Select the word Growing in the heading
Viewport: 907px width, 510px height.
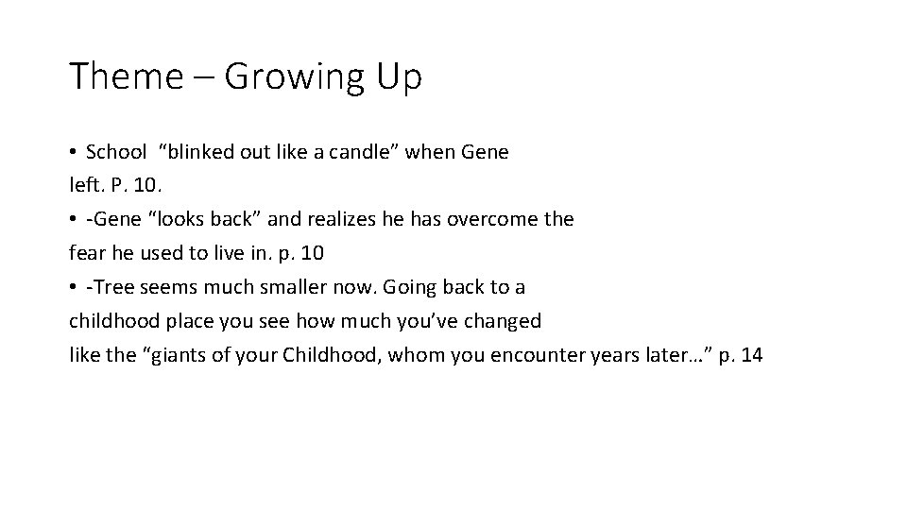(x=295, y=76)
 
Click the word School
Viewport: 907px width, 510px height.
(x=116, y=152)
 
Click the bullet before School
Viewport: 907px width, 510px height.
(x=73, y=153)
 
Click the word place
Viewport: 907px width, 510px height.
(x=188, y=321)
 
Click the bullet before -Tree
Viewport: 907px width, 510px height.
(x=73, y=288)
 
